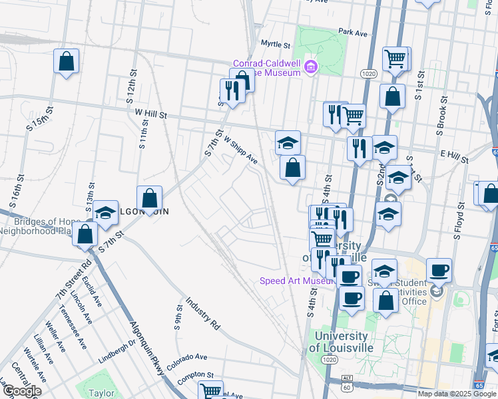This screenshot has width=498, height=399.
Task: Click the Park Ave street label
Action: (353, 32)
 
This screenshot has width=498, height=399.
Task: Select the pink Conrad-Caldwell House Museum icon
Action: (310, 66)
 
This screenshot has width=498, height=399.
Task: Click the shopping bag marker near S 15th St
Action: (67, 62)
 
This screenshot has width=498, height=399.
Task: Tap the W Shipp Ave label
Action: (241, 150)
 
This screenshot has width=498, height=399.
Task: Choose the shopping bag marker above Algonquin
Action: (150, 198)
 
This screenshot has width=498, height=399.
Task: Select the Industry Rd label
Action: (203, 313)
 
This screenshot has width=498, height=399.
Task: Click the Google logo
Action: (21, 391)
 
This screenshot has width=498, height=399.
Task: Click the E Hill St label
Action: (455, 155)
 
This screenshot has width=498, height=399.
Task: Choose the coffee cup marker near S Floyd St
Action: (439, 271)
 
